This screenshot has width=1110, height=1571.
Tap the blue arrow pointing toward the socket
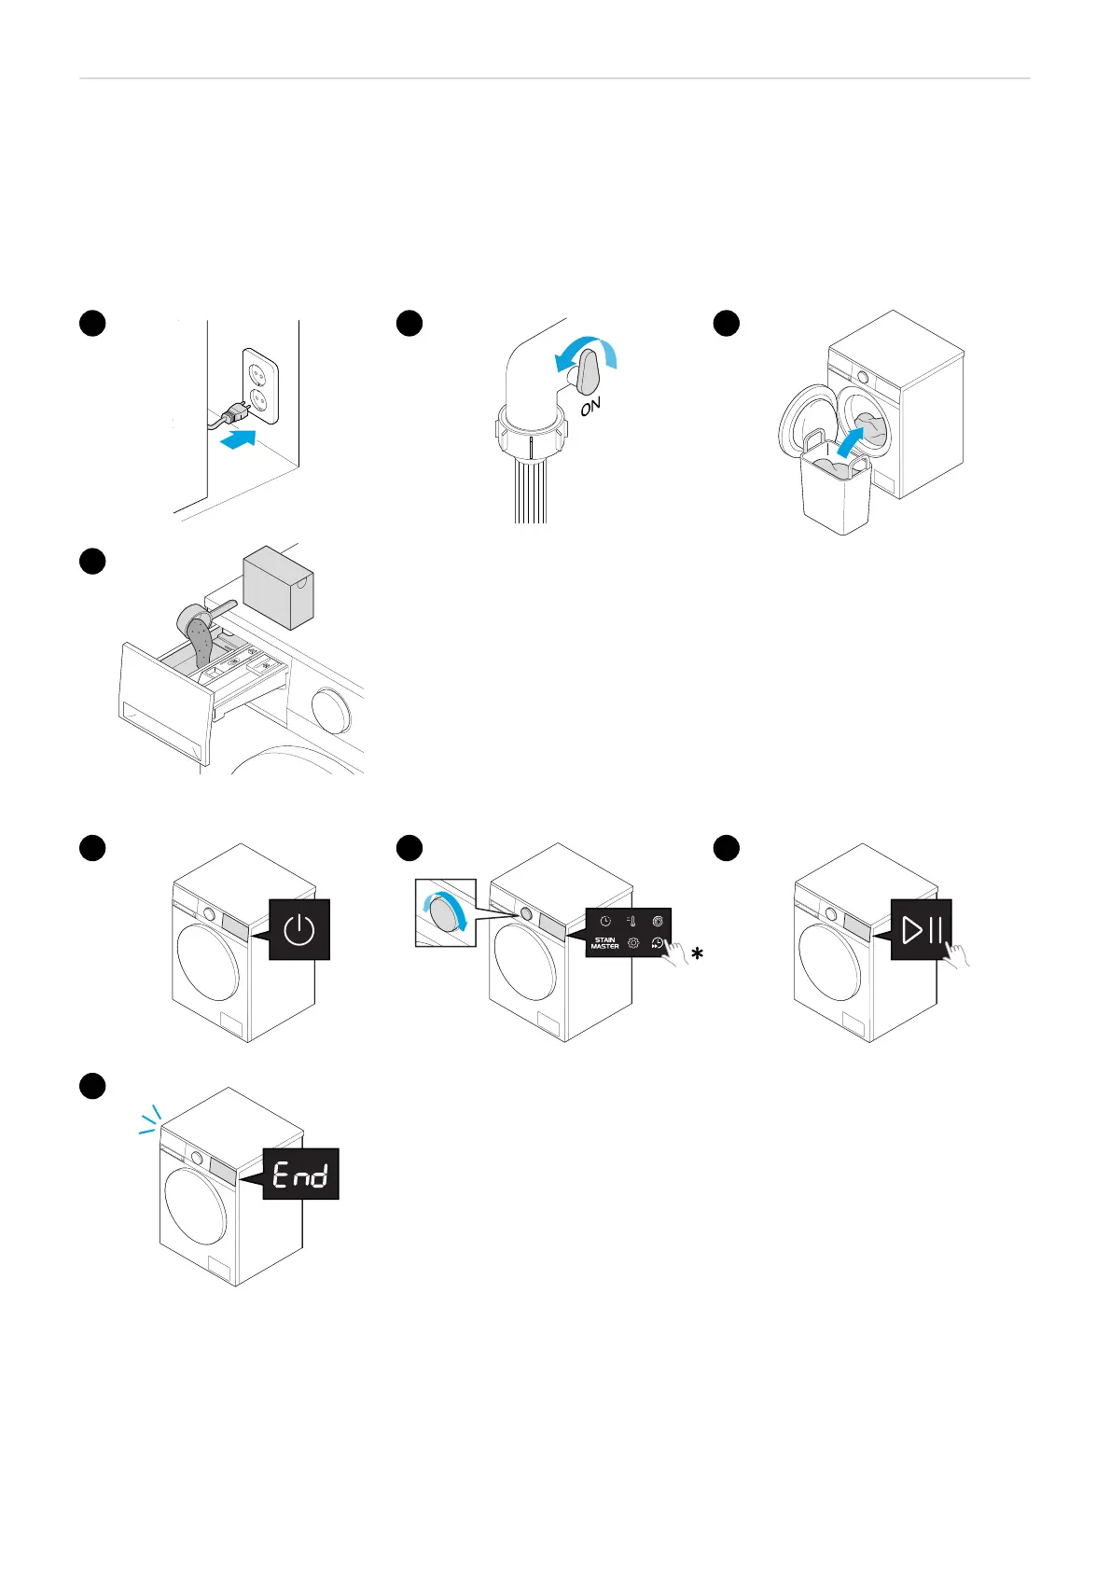point(239,438)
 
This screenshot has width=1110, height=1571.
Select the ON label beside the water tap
point(590,407)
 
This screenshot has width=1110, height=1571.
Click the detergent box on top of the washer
point(278,587)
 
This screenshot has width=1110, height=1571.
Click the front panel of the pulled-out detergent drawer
point(164,704)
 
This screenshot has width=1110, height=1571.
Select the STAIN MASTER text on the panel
point(604,943)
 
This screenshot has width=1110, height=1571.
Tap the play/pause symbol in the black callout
point(922,928)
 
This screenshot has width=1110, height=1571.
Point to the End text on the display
point(300,1174)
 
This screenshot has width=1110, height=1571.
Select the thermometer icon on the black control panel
point(631,921)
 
